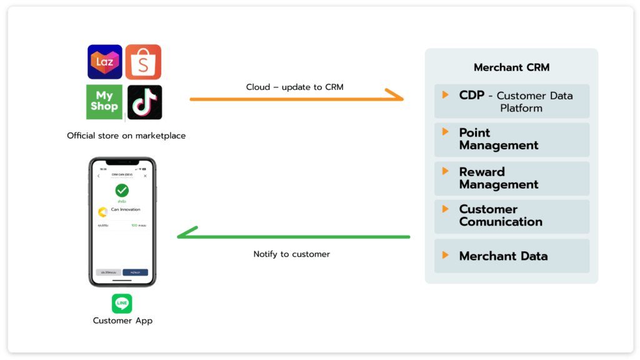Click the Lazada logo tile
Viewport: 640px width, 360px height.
click(104, 62)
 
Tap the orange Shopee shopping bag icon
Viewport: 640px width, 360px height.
click(143, 62)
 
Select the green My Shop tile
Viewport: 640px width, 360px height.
click(104, 102)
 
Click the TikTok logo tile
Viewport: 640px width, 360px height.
click(144, 102)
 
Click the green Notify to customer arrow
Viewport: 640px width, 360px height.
click(294, 236)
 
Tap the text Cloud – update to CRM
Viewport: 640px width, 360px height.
click(294, 87)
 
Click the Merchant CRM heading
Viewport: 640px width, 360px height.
click(511, 67)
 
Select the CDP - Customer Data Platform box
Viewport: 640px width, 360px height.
click(511, 101)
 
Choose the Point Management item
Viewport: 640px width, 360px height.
click(511, 139)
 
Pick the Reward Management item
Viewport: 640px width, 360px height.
click(511, 178)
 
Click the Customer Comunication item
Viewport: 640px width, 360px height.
click(511, 216)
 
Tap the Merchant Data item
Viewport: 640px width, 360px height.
click(511, 256)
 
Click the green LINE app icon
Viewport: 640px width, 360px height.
click(122, 303)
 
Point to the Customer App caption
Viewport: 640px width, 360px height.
click(122, 321)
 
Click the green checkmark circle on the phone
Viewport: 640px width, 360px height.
click(122, 191)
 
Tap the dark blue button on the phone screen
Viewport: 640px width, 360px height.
click(135, 272)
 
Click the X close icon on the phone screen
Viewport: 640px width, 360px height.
click(145, 176)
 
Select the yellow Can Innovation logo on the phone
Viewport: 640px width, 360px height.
click(103, 211)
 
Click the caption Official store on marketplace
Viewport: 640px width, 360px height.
click(126, 136)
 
